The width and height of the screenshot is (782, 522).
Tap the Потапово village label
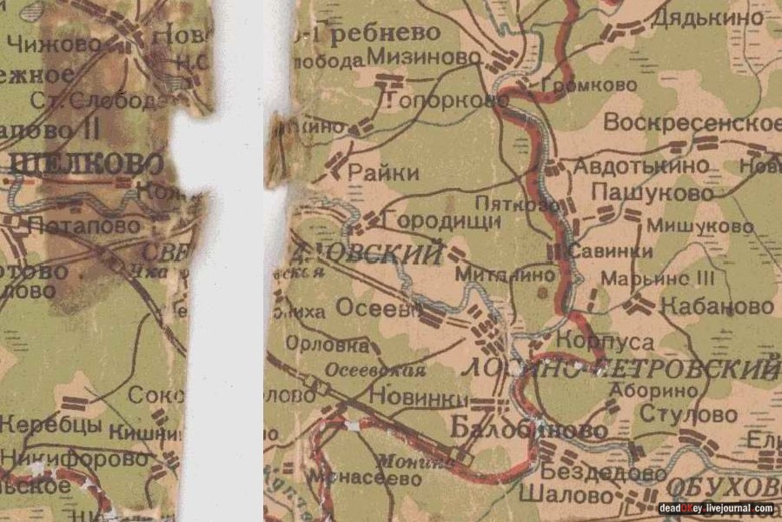pos(83,225)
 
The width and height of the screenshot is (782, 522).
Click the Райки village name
pos(382,173)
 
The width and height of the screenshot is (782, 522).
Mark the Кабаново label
pos(717,306)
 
